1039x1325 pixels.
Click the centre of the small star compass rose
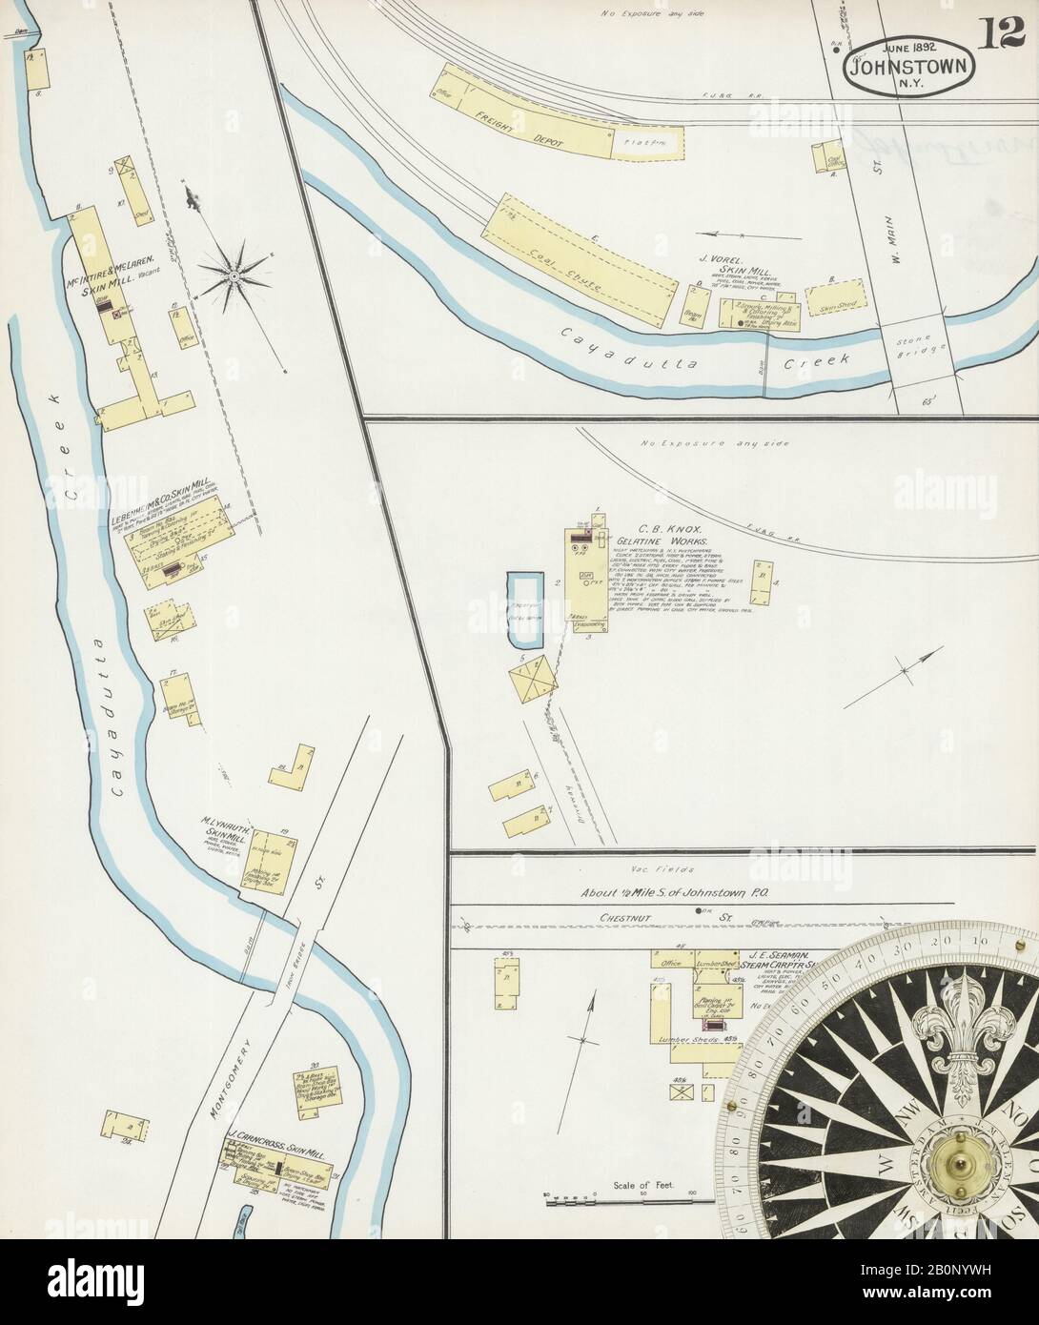click(x=233, y=275)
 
